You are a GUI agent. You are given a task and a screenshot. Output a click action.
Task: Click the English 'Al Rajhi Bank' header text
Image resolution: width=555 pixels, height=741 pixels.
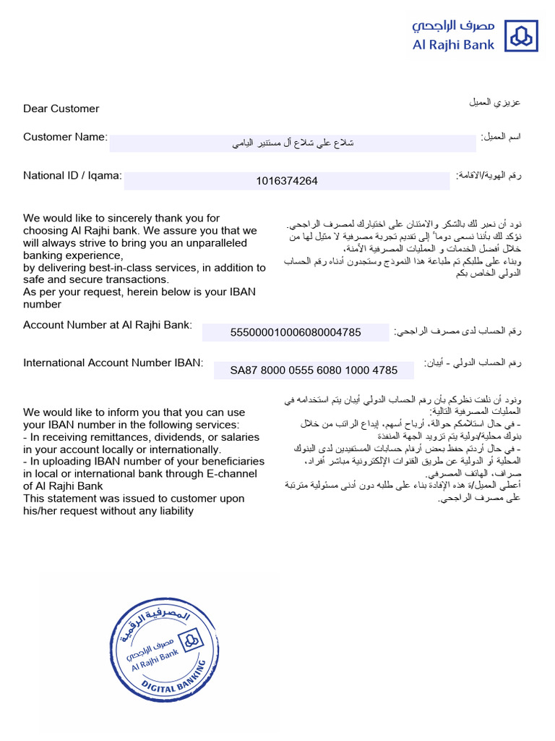(x=453, y=45)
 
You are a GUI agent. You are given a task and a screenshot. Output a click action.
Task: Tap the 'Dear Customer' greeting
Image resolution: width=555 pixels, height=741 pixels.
(x=61, y=109)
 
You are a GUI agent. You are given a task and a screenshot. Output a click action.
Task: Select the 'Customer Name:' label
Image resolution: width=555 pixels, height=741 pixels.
(x=65, y=137)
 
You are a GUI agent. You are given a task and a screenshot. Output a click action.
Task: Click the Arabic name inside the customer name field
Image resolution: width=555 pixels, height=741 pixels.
(x=293, y=143)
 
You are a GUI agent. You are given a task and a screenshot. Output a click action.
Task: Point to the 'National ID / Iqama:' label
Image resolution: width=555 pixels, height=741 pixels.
(x=72, y=175)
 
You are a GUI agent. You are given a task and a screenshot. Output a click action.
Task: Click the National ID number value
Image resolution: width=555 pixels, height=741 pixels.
(x=286, y=181)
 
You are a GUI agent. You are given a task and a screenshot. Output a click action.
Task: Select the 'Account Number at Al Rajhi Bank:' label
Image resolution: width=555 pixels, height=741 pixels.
(x=108, y=325)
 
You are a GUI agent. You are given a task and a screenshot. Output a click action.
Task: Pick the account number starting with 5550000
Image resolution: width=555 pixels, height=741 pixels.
(x=295, y=332)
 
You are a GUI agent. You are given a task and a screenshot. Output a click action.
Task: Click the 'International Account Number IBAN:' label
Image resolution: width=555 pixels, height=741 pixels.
(x=113, y=363)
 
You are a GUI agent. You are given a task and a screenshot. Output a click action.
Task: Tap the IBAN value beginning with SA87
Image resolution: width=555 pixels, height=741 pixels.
(x=314, y=370)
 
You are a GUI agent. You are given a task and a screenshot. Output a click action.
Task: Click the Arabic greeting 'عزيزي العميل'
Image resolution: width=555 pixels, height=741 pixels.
(x=495, y=102)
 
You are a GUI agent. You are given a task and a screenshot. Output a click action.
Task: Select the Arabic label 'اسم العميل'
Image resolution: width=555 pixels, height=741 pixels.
(x=501, y=136)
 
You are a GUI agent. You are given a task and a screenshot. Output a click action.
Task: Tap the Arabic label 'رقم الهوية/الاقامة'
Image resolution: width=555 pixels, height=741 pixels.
(x=489, y=175)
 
